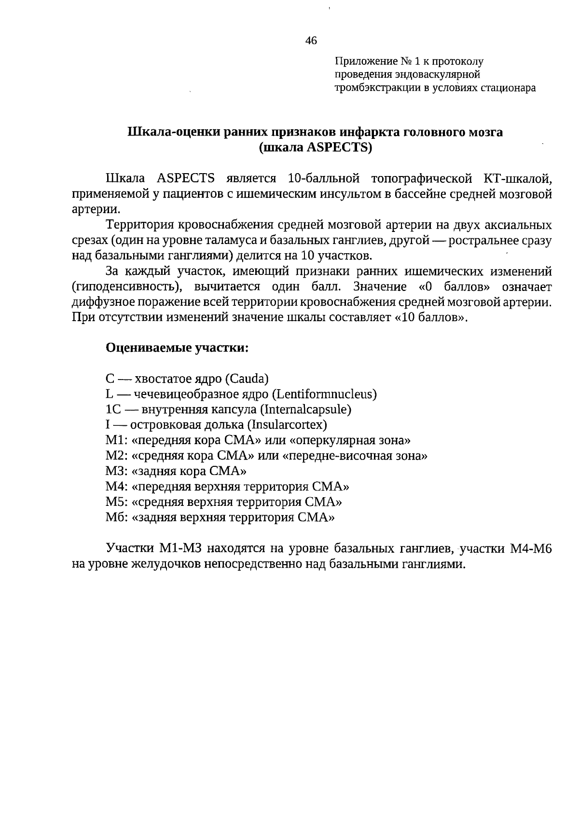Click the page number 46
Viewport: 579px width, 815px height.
tap(311, 41)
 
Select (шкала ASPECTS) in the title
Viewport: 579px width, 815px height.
tap(316, 148)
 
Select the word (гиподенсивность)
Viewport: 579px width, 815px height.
tap(127, 287)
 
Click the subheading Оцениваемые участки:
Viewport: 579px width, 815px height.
tap(177, 348)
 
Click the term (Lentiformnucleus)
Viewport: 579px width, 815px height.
tap(324, 394)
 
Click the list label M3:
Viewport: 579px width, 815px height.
tap(116, 471)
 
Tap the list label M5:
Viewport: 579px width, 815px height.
tap(116, 502)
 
